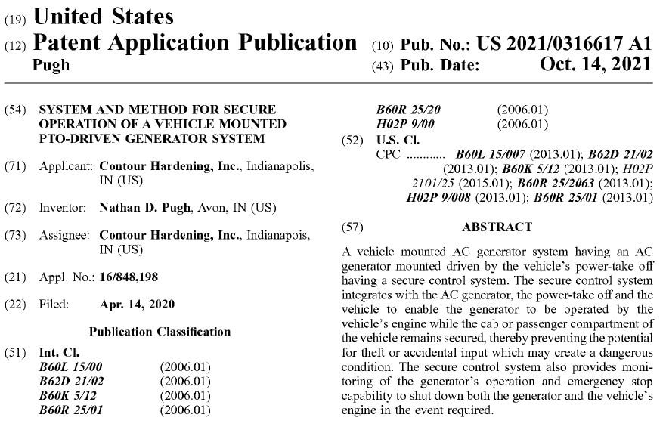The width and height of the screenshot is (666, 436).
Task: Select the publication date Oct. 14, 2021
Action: click(x=595, y=66)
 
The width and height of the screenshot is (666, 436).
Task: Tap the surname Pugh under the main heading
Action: click(x=52, y=65)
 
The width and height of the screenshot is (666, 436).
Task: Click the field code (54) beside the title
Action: click(x=15, y=110)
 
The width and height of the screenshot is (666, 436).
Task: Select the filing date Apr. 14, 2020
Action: click(x=137, y=305)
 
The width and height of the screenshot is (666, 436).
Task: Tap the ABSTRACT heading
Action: click(x=497, y=227)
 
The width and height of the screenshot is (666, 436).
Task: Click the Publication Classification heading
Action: click(x=160, y=331)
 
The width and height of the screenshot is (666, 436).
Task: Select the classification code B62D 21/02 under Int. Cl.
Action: click(x=71, y=382)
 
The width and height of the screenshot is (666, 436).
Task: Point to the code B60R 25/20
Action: click(x=409, y=110)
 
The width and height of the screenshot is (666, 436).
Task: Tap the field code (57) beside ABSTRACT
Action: click(x=354, y=227)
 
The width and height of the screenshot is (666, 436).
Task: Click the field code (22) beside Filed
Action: click(x=15, y=305)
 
